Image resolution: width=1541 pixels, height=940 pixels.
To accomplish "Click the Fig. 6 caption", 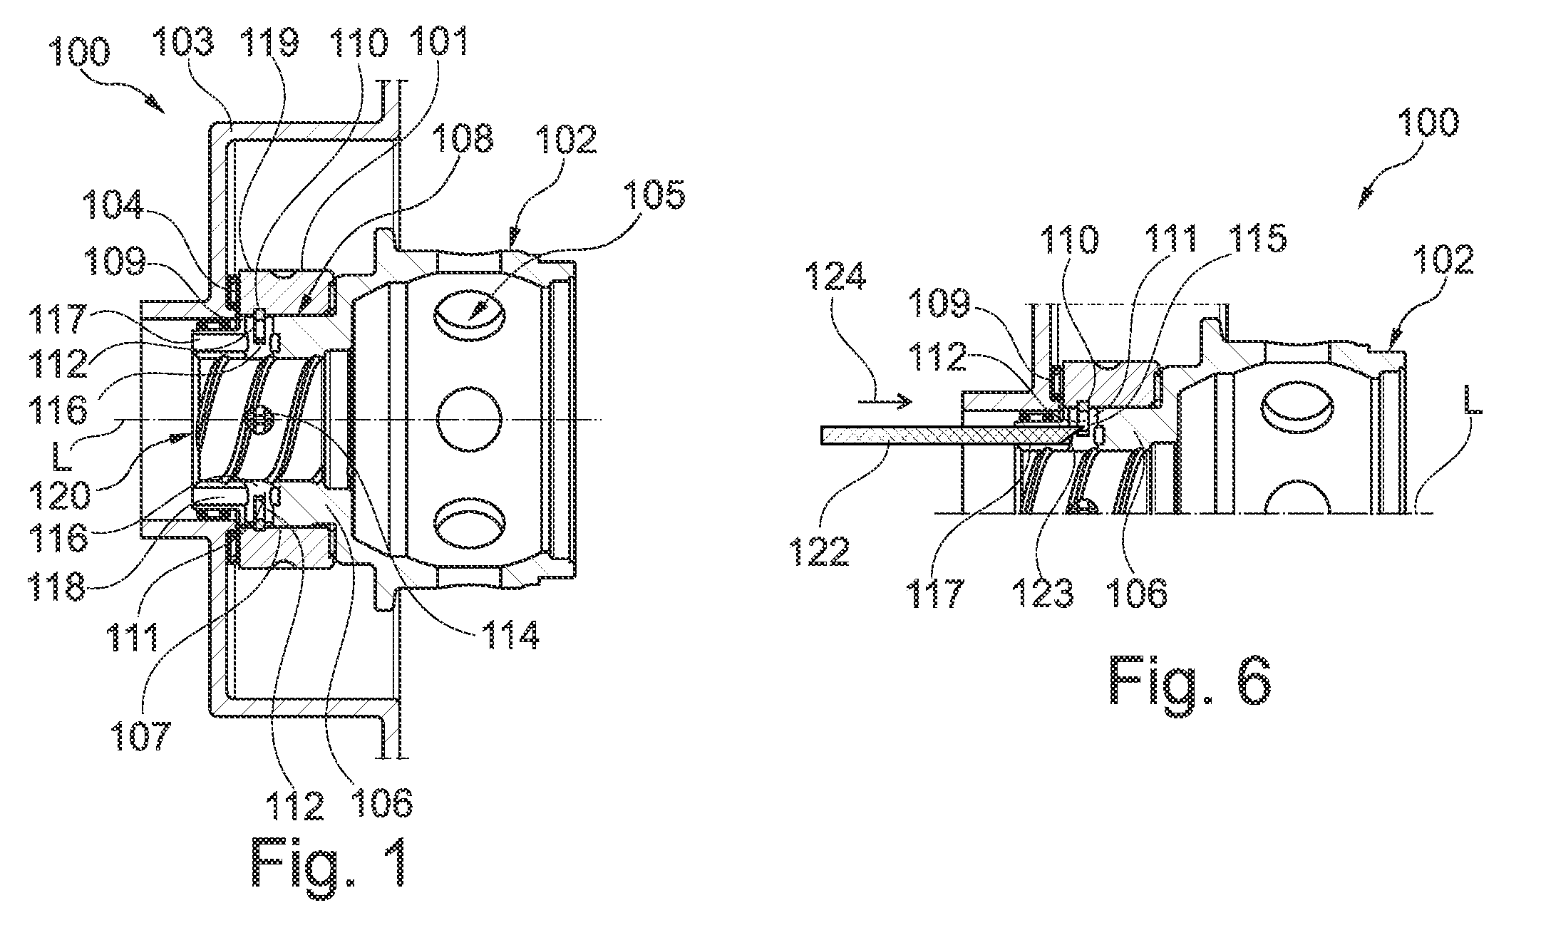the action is (x=1190, y=681).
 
